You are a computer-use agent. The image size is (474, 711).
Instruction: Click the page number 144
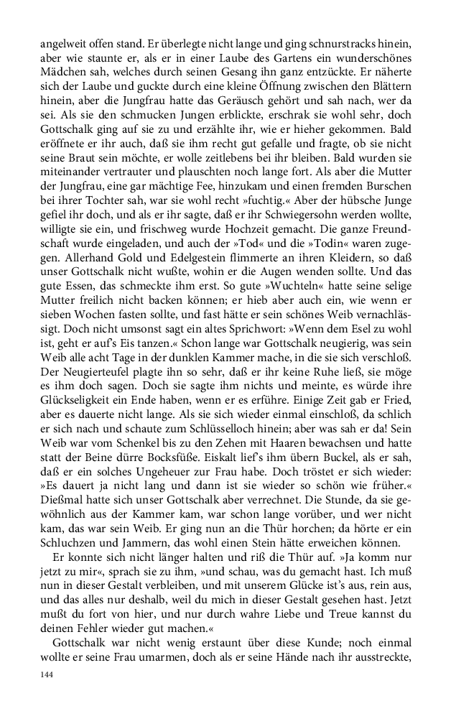47,676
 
